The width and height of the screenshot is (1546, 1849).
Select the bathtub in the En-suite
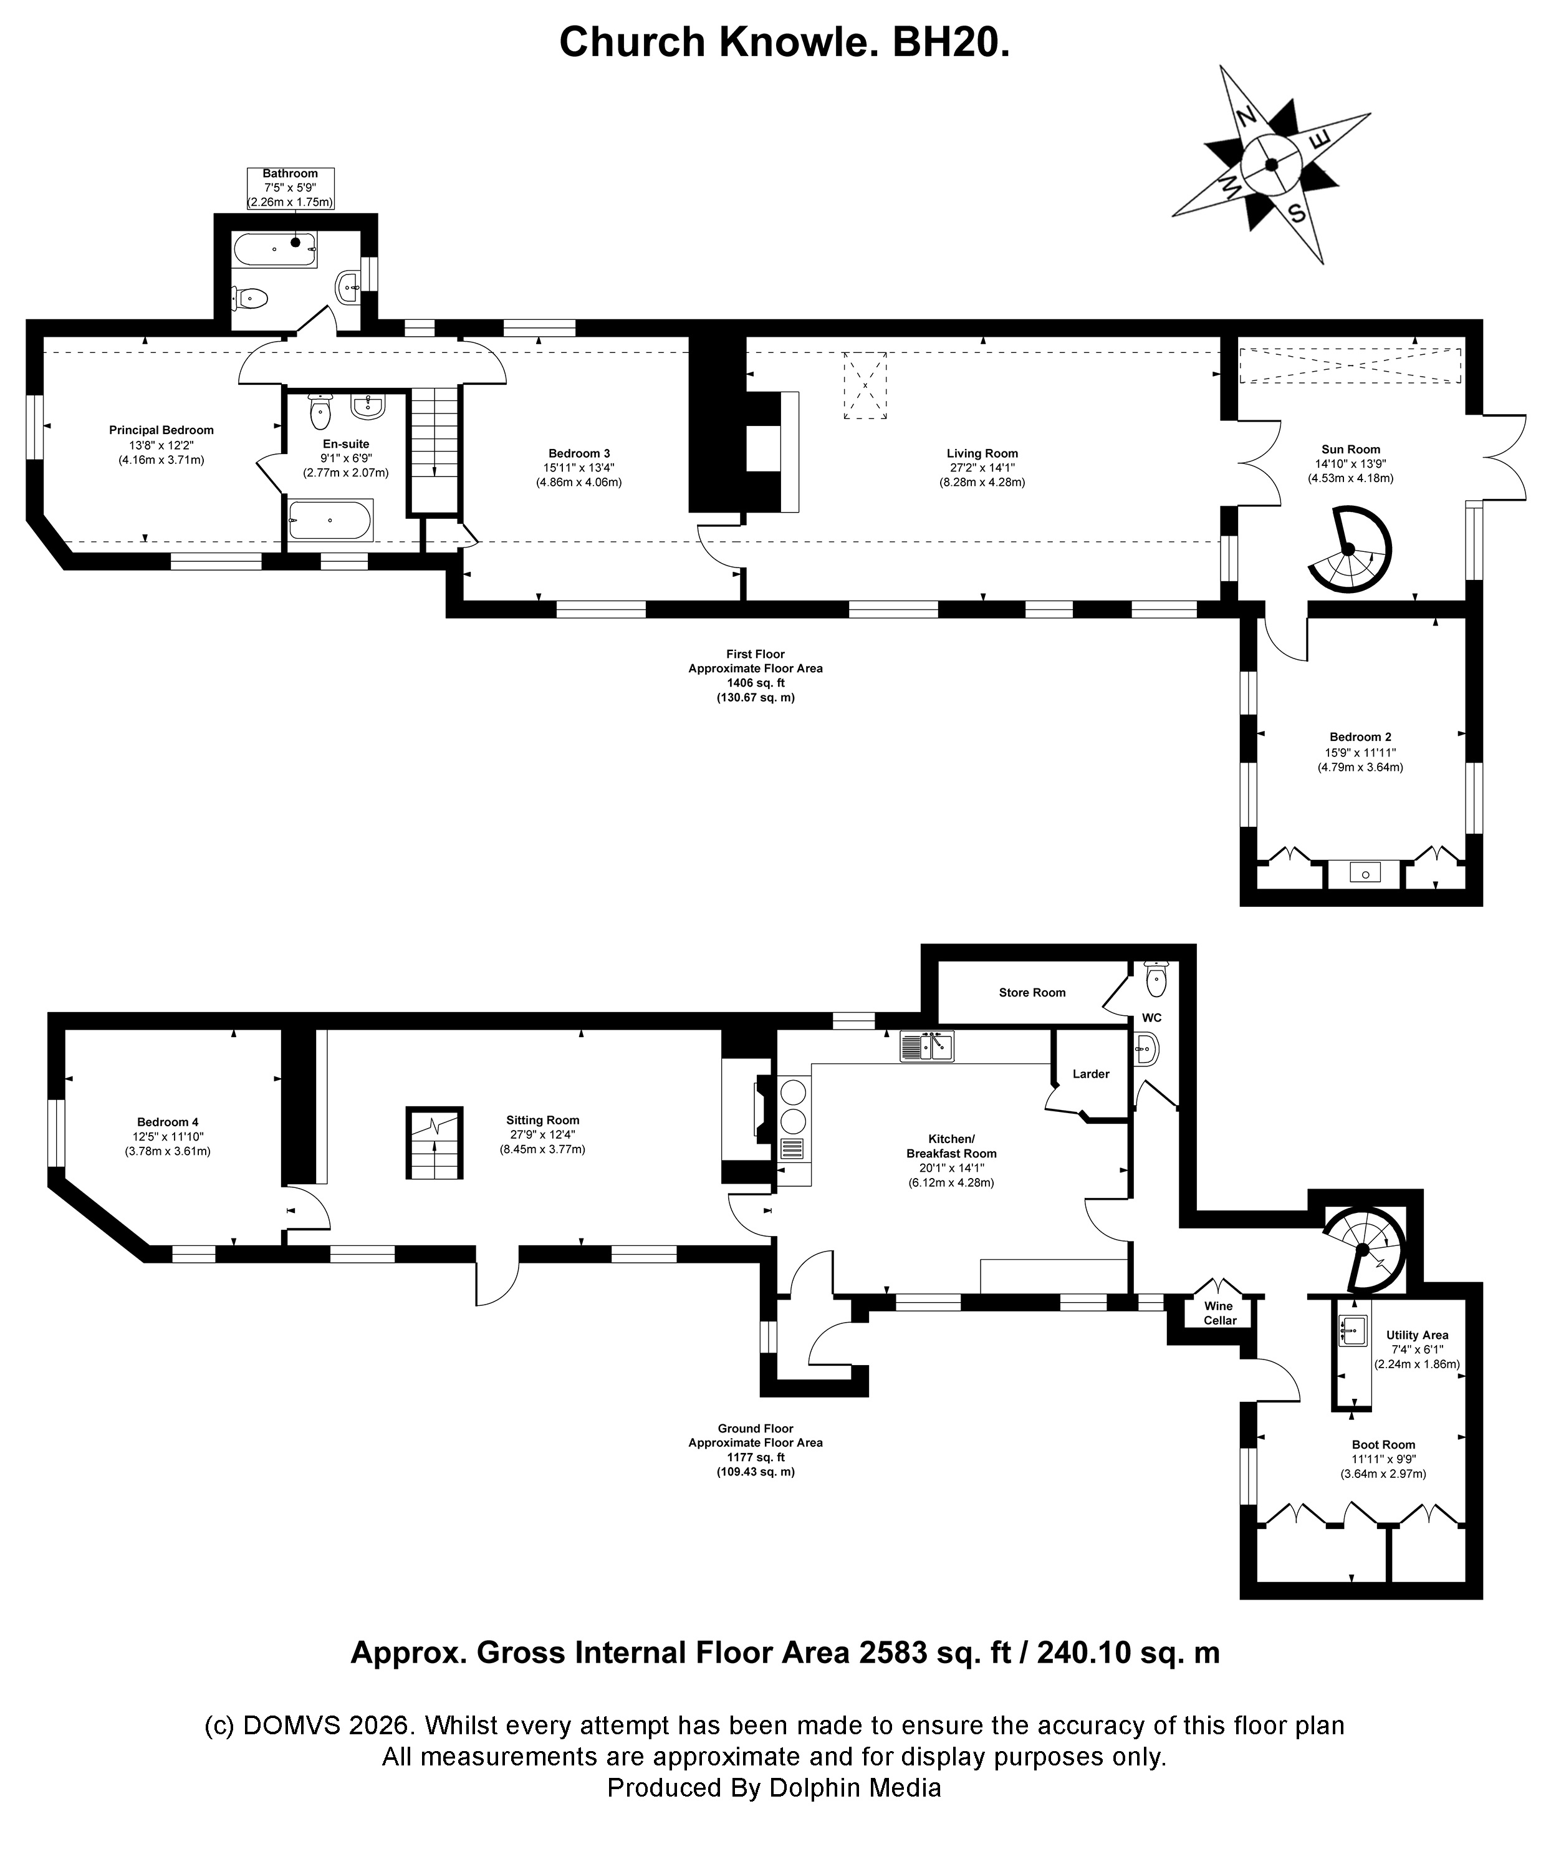click(331, 519)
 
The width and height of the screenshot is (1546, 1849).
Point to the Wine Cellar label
click(1219, 1313)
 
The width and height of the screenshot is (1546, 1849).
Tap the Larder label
click(1091, 1073)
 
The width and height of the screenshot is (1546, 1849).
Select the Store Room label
click(1032, 992)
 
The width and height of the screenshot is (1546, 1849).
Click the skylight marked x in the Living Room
click(865, 385)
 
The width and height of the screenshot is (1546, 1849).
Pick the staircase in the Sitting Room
click(434, 1142)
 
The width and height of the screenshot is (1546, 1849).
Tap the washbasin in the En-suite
click(367, 406)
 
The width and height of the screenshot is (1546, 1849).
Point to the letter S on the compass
click(1296, 212)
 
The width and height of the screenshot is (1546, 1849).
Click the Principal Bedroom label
click(161, 430)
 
